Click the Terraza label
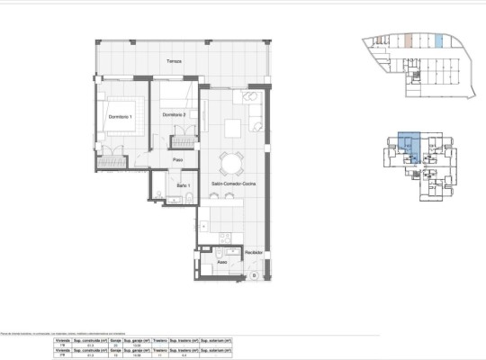coord(174,61)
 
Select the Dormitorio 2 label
coord(174,115)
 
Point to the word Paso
coord(178,160)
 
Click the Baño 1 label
coord(183,184)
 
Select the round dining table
coord(232,162)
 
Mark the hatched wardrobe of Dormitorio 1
coord(112,161)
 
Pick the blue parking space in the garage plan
coord(438,40)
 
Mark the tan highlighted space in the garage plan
coord(409,40)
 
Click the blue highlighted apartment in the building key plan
coord(410,148)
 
